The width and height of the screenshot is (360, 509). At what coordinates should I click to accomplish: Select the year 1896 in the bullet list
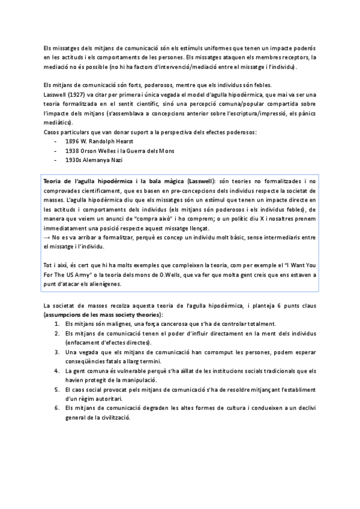click(x=73, y=140)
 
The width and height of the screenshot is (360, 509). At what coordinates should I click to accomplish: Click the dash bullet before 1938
click(x=55, y=150)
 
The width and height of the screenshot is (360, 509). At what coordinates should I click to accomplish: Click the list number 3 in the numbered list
click(x=56, y=352)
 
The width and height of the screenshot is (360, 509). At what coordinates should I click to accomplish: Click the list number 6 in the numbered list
click(x=56, y=408)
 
